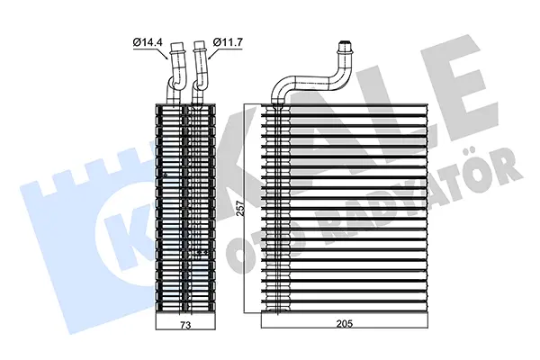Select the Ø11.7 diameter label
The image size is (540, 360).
tap(229, 40)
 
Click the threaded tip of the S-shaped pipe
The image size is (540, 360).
tap(343, 44)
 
